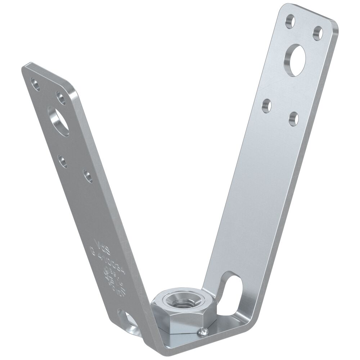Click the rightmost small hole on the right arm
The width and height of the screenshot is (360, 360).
click(x=317, y=33)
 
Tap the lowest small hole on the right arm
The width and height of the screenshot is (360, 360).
click(x=293, y=119)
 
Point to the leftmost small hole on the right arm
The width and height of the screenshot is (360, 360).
click(x=266, y=105)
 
